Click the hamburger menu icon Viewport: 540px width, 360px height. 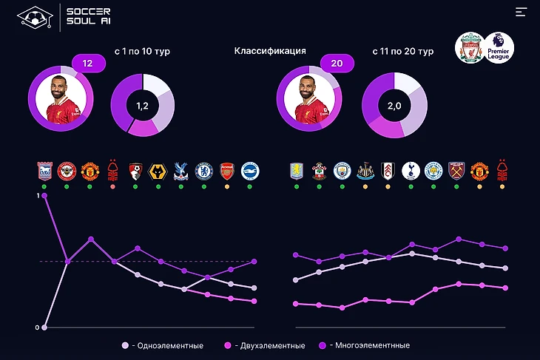[522, 12]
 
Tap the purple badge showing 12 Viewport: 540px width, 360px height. [88, 64]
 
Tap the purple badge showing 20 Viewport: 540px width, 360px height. [337, 64]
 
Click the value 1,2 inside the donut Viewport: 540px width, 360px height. [142, 106]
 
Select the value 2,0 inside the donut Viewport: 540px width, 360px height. [394, 106]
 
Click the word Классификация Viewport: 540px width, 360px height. [270, 51]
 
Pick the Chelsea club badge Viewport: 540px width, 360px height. [203, 171]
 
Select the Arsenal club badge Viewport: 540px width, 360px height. [226, 171]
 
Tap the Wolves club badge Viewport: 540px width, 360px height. [158, 171]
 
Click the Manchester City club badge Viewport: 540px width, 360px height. [342, 171]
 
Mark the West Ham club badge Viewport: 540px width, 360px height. [456, 171]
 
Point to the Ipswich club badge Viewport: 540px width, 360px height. [44, 171]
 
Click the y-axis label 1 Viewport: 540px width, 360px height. [37, 196]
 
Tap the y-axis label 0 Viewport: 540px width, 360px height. [37, 327]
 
